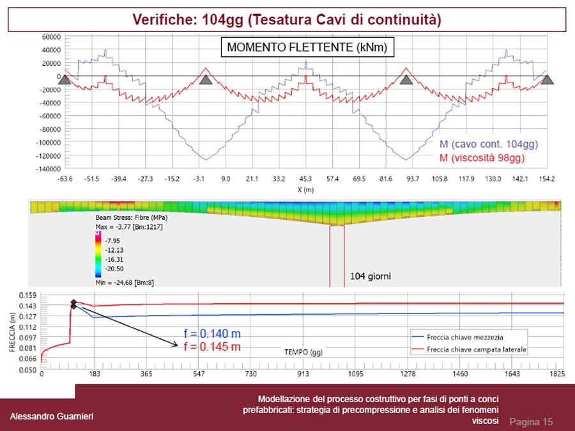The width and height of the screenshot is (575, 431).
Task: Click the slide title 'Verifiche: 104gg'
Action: pos(287,19)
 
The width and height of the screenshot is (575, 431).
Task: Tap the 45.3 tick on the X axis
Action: pos(305,180)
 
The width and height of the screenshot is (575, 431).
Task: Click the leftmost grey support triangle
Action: pos(66,79)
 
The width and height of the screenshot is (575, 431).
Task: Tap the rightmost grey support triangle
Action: pos(548,79)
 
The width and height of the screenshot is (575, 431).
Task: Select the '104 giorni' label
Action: pos(371,276)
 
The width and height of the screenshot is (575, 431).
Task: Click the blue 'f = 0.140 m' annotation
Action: pos(211,334)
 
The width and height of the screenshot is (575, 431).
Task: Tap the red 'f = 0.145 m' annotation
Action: pos(211,347)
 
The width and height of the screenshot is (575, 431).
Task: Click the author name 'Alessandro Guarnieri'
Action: pos(51,417)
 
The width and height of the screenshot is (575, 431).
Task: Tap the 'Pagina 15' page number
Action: pos(531,422)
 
